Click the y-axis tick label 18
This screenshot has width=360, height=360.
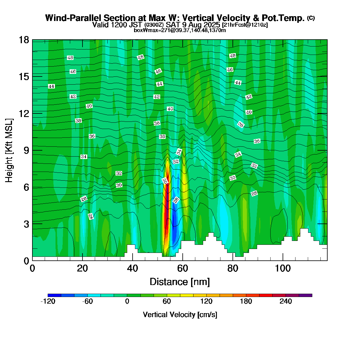(x=24, y=40)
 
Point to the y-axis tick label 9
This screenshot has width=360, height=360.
(x=26, y=150)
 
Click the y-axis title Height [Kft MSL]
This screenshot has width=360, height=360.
(x=9, y=150)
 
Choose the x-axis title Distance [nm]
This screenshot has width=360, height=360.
(x=180, y=282)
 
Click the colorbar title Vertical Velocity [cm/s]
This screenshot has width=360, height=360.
(x=180, y=315)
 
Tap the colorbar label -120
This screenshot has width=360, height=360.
(x=48, y=301)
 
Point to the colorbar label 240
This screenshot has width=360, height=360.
(x=286, y=301)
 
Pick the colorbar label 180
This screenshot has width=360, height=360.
(x=246, y=301)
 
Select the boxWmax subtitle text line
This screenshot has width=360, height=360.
(x=180, y=30)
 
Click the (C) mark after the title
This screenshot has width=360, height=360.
(x=311, y=18)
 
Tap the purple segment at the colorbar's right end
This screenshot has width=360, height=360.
(x=305, y=295)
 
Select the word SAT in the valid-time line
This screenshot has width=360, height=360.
(x=173, y=25)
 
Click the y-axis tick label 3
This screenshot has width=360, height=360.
(x=26, y=224)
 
